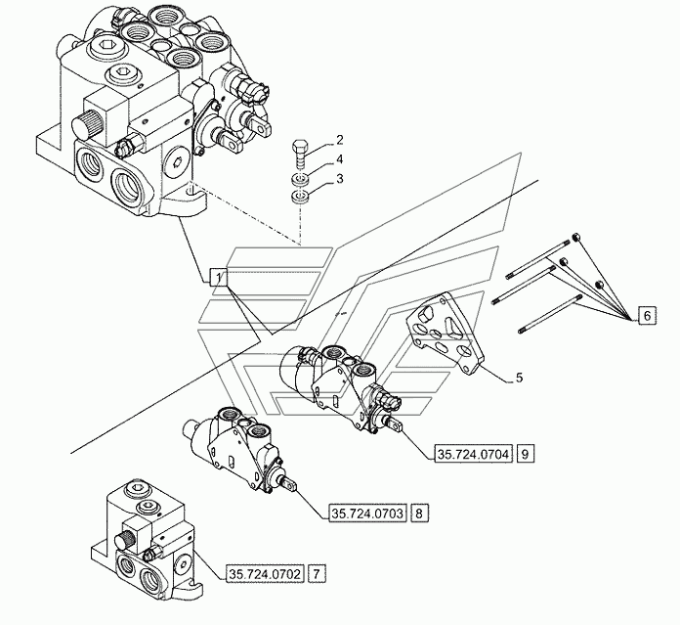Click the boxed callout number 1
[218, 277]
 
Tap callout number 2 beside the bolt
[339, 140]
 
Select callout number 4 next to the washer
[339, 159]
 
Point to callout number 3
[339, 179]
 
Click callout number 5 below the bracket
[519, 378]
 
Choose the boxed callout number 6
[647, 316]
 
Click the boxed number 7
[317, 574]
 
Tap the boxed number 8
[419, 513]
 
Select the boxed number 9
[526, 454]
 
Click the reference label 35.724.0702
[265, 574]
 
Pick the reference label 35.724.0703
[367, 513]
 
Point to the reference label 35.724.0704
[473, 454]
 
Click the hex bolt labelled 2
[300, 156]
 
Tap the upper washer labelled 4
[300, 179]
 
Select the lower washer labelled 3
[300, 197]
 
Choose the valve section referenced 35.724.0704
[340, 386]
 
